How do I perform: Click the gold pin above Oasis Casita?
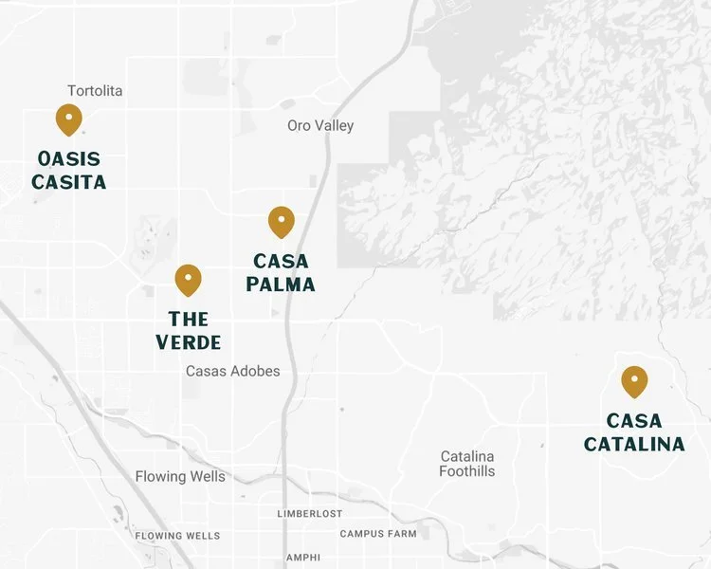pos(68,119)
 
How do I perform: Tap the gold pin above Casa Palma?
pos(282,222)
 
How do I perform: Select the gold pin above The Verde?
pos(189,279)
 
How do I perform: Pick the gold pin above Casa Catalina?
pos(634,381)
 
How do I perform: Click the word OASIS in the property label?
pos(69,159)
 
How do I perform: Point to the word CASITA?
pos(69,181)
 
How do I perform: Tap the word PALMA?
pos(281,284)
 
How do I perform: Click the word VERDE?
pos(189,342)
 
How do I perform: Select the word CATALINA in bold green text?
pos(634,444)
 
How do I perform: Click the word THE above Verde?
pos(189,320)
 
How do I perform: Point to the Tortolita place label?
pos(95,91)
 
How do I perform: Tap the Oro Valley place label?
pos(320,125)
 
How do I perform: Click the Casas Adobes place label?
pos(233,371)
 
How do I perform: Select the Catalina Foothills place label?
pos(467,464)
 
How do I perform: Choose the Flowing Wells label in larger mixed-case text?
pos(180,476)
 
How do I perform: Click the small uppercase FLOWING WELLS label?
pos(177,536)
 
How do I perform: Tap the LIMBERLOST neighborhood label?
pos(310,513)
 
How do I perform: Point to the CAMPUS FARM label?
pos(378,534)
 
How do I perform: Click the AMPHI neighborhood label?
pos(302,557)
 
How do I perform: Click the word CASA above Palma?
pos(282,262)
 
